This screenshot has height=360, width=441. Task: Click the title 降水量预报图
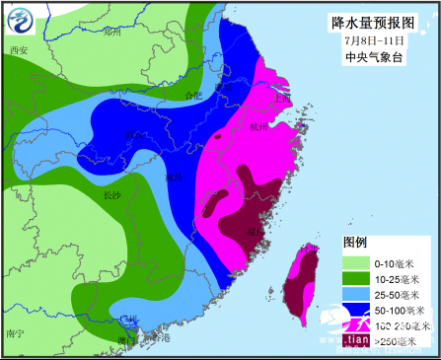point(376,22)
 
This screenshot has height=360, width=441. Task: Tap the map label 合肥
point(194,95)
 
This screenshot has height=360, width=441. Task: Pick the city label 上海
point(281,98)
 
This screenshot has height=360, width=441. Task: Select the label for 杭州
point(259,127)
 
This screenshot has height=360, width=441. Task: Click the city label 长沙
point(112,196)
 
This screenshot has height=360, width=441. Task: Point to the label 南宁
point(14,333)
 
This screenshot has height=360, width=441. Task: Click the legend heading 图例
point(355,242)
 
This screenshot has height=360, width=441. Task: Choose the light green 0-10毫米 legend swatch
point(355,262)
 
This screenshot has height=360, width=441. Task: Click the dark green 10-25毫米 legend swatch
point(355,278)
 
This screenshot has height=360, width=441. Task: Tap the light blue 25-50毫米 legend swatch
point(355,294)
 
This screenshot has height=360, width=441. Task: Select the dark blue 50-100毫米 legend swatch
point(355,310)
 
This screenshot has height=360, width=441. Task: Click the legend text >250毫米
point(400,341)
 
